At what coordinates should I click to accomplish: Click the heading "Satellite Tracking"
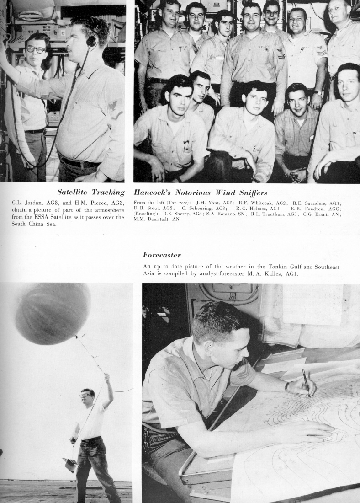pos(90,193)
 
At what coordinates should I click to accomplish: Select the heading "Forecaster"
pos(162,255)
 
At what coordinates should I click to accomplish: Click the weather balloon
pos(53,313)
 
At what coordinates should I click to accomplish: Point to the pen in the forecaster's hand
pos(306,383)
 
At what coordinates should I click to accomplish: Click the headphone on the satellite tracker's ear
pos(92,41)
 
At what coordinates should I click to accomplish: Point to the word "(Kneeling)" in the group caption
pos(145,213)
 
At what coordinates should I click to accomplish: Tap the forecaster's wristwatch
pos(287,387)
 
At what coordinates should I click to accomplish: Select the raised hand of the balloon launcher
pos(106,378)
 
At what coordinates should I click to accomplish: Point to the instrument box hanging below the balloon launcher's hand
pos(69,465)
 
